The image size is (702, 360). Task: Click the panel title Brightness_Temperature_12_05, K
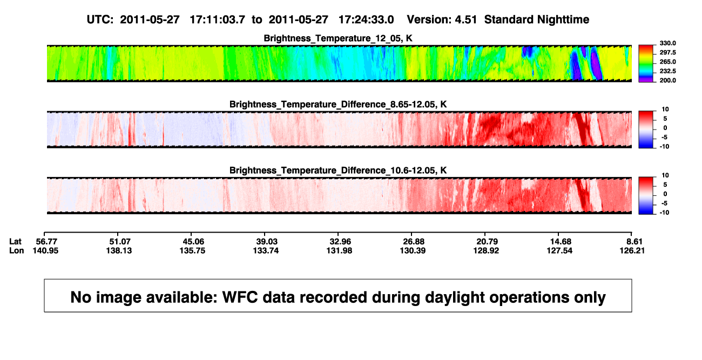[x=338, y=38]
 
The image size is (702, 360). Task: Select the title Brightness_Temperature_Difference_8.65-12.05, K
[x=338, y=104]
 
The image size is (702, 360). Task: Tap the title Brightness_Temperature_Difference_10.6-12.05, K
[x=338, y=171]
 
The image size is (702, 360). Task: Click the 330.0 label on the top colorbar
[x=667, y=43]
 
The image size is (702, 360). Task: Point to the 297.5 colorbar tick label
[x=667, y=52]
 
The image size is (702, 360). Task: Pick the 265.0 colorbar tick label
[x=667, y=62]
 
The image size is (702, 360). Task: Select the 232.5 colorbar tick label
[x=667, y=71]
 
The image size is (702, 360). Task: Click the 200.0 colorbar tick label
[x=667, y=80]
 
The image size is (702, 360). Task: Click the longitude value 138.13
[x=119, y=250]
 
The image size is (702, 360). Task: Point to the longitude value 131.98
[x=339, y=250]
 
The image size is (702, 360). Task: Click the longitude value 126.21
[x=632, y=250]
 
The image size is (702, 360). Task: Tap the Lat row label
[x=15, y=242]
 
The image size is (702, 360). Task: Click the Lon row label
[x=16, y=250]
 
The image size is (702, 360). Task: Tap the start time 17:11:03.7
[x=217, y=19]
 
